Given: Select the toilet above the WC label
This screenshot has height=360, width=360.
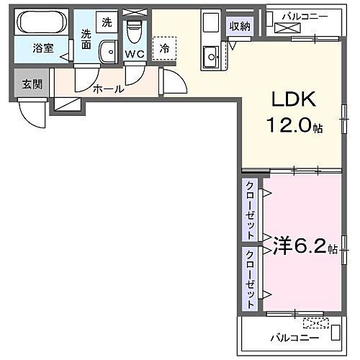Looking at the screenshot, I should pyautogui.click(x=133, y=31).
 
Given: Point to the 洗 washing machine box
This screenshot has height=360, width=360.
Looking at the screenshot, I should pyautogui.click(x=107, y=22).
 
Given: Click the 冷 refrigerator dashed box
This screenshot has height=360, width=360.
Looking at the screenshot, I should pyautogui.click(x=165, y=48).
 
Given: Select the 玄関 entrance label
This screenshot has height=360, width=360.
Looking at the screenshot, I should pyautogui.click(x=32, y=84).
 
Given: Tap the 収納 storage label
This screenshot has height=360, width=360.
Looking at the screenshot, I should pyautogui.click(x=240, y=27).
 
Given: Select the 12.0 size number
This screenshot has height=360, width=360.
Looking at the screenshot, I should pyautogui.click(x=288, y=127).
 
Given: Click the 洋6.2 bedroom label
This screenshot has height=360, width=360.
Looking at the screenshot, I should pyautogui.click(x=295, y=247).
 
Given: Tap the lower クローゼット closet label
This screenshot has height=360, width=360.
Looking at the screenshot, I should pyautogui.click(x=249, y=278).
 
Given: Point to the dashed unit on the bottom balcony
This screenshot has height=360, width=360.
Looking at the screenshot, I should pyautogui.click(x=316, y=323).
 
